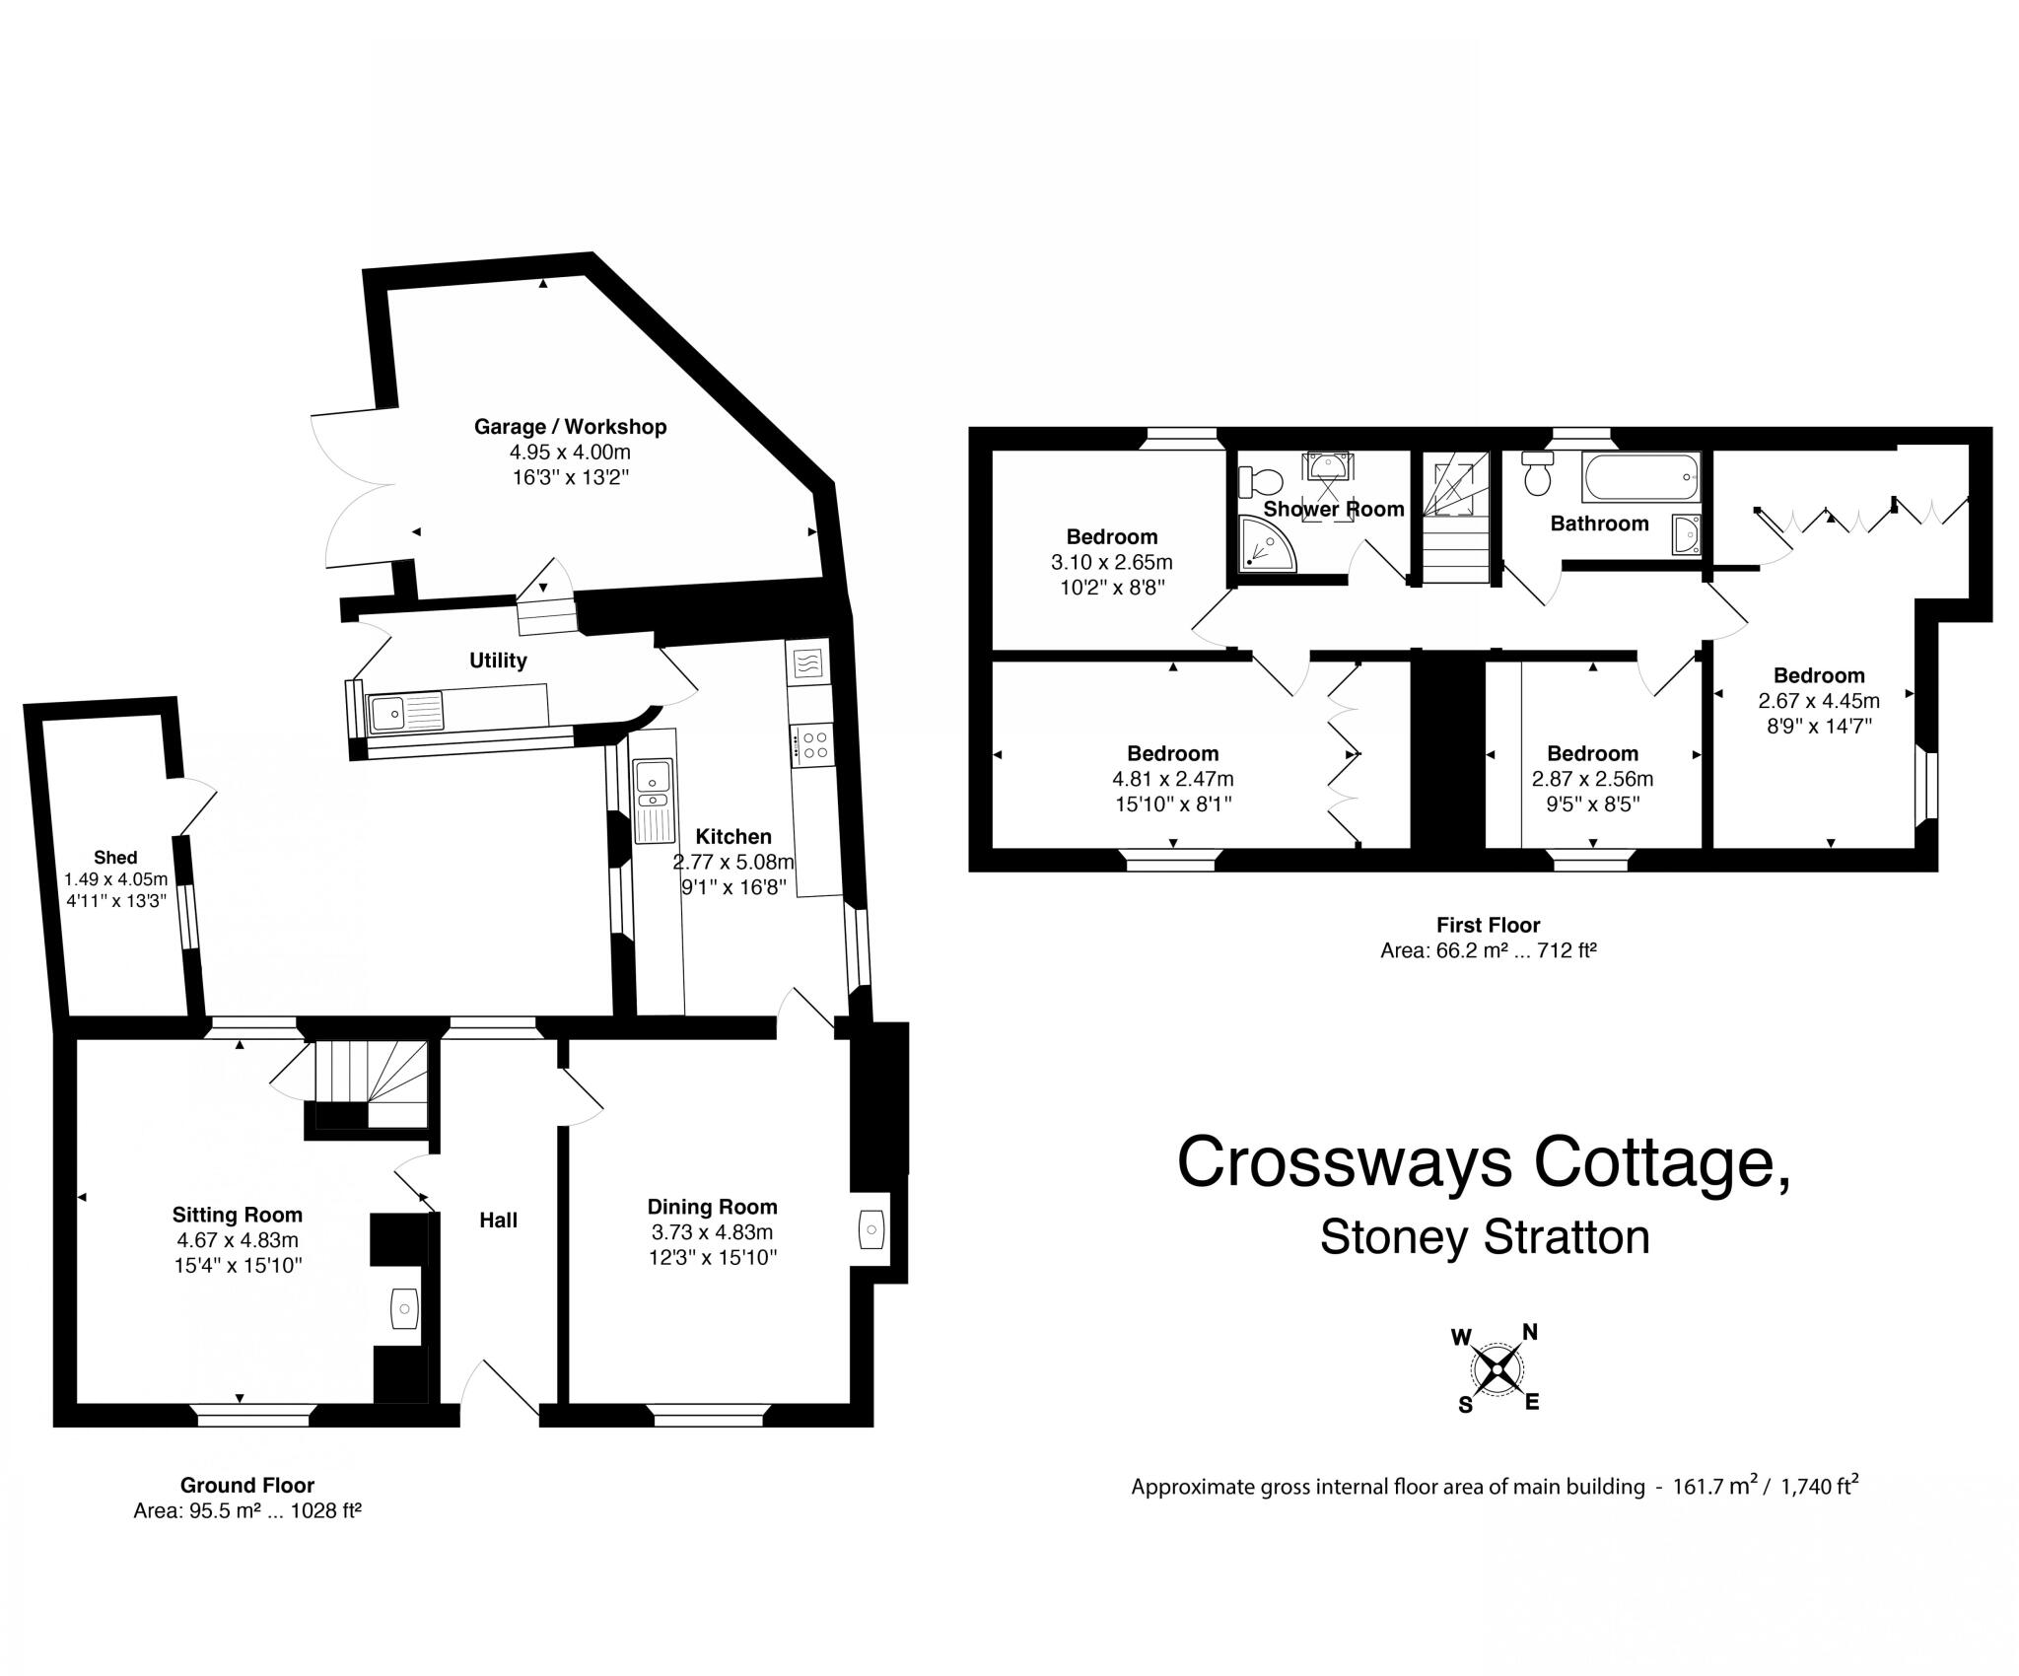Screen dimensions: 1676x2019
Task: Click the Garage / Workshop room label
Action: click(x=570, y=427)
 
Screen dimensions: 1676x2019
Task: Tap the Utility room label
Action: click(x=498, y=661)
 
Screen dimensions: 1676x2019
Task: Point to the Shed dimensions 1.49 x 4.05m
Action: click(x=115, y=878)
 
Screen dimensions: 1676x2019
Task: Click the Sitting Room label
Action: click(x=237, y=1215)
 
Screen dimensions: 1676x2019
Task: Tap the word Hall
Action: click(x=498, y=1221)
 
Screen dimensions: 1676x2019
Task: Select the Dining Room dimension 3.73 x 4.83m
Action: click(x=712, y=1232)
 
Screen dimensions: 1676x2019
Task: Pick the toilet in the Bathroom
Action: click(x=1536, y=476)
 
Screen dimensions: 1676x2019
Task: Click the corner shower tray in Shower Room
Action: click(x=1266, y=546)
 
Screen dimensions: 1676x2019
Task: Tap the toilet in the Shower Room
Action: click(x=1261, y=482)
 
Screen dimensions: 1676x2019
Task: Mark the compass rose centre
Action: click(x=1497, y=1368)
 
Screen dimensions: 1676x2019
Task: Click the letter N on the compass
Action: click(x=1530, y=1333)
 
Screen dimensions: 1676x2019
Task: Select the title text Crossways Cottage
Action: click(x=1484, y=1162)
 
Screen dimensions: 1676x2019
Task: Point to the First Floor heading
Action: click(x=1488, y=925)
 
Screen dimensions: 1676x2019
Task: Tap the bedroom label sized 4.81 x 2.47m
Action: click(x=1172, y=754)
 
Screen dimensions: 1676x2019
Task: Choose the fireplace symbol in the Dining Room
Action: click(x=871, y=1229)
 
